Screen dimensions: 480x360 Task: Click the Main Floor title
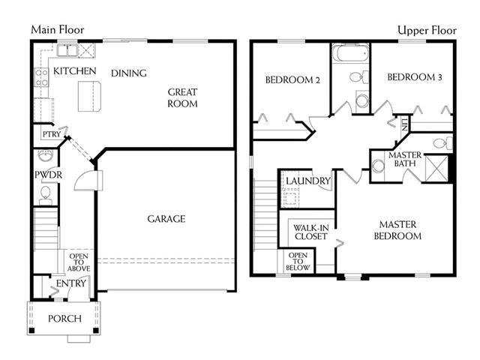58,30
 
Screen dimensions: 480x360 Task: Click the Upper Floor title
427,30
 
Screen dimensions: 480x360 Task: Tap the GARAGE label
166,219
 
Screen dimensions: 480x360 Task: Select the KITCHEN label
75,71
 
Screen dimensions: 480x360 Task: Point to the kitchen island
89,97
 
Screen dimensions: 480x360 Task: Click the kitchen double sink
67,50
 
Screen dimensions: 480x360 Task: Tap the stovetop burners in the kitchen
41,78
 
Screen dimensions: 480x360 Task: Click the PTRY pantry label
52,134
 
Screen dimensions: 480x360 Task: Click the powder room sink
46,155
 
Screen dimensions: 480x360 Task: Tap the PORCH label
65,319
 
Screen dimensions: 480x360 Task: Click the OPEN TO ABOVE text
79,262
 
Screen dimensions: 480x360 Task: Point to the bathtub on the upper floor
351,53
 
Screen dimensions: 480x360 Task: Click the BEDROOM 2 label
292,80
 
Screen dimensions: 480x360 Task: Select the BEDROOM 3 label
415,76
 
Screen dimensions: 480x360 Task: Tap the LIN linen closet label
405,124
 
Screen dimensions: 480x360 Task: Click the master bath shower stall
436,169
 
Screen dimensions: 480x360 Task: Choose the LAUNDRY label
308,181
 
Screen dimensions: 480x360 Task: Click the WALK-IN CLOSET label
311,232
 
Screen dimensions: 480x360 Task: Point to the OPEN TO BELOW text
298,262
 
